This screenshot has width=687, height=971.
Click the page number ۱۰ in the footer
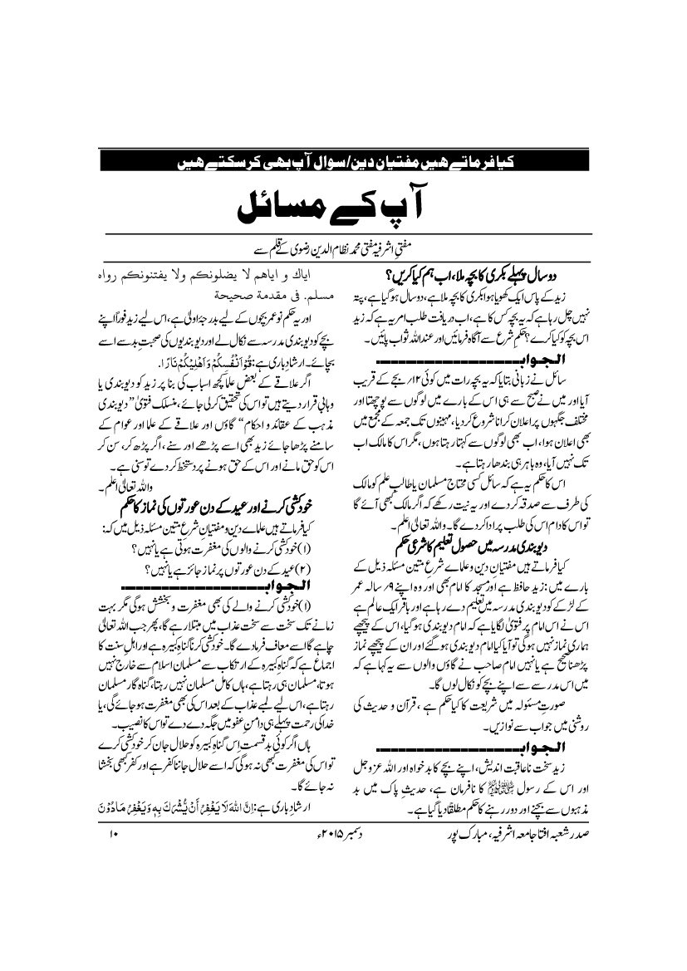(114, 831)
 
